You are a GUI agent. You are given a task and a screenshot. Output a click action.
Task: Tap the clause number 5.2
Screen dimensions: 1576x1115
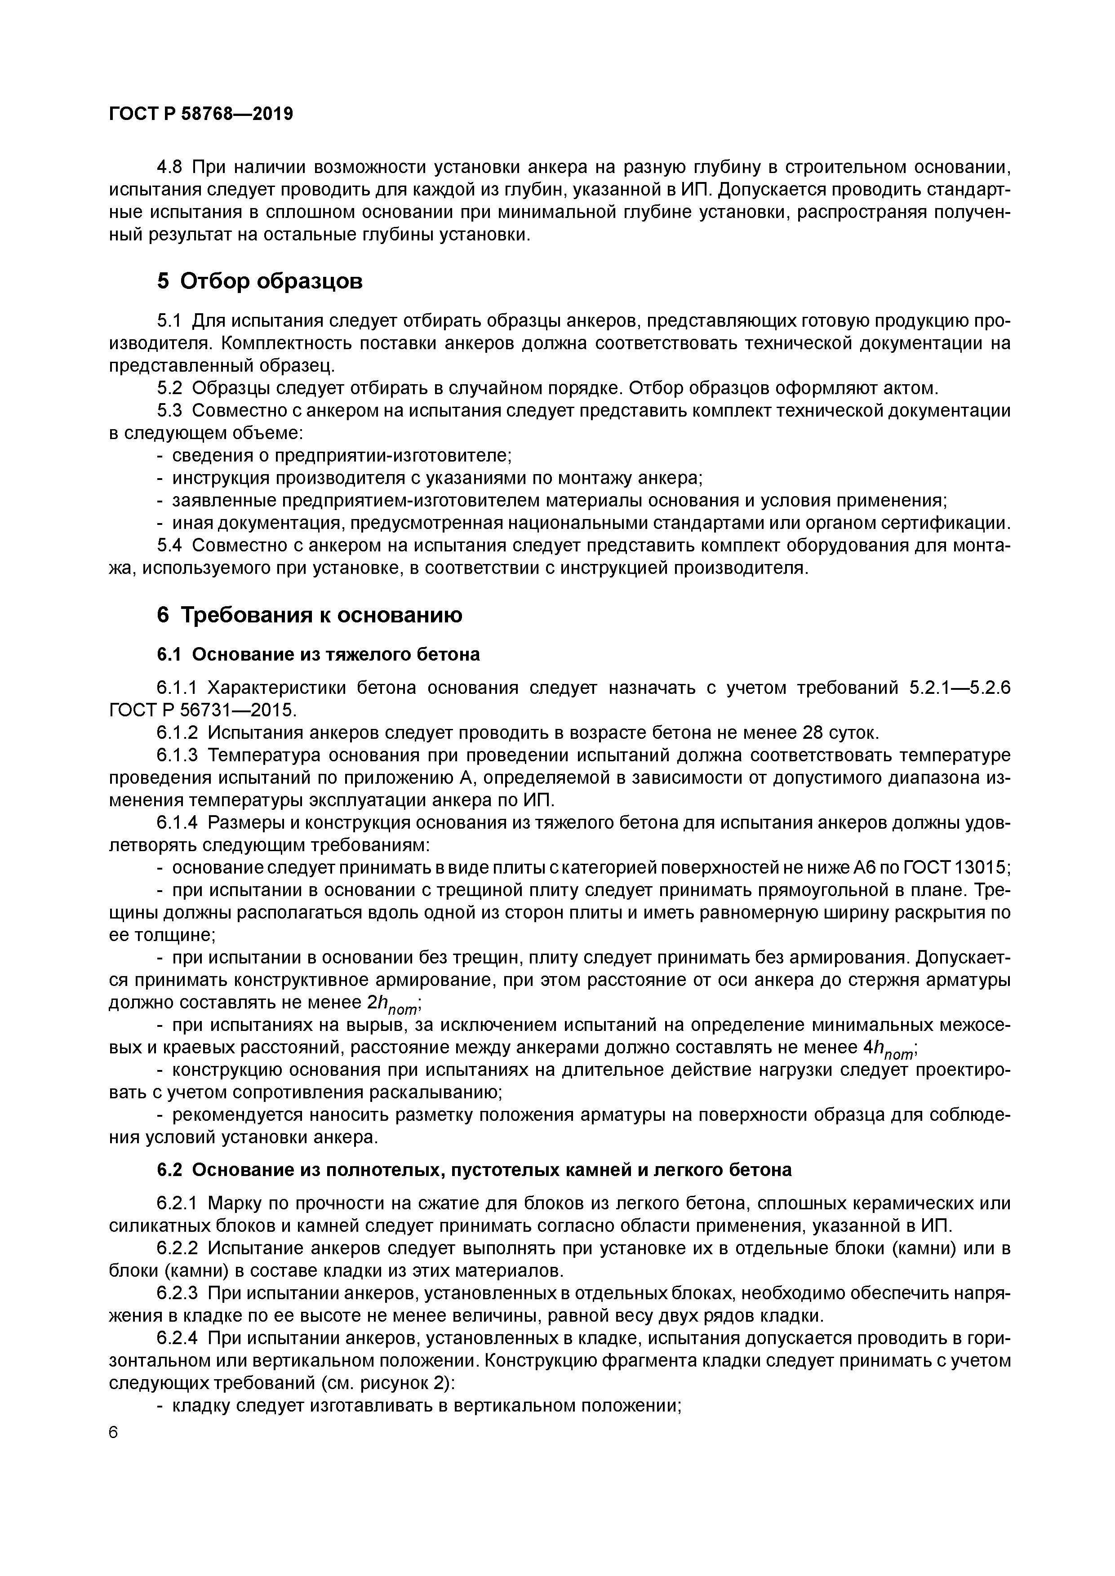(171, 389)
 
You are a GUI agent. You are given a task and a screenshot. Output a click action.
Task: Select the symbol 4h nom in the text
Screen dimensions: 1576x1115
(894, 1049)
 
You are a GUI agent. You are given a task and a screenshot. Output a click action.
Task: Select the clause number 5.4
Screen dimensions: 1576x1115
(171, 546)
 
